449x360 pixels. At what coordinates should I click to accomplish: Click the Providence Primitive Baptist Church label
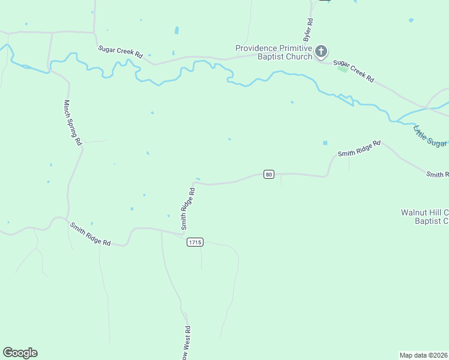pyautogui.click(x=274, y=52)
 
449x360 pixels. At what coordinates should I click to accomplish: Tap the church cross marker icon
pyautogui.click(x=321, y=52)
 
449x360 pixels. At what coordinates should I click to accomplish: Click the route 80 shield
pyautogui.click(x=268, y=175)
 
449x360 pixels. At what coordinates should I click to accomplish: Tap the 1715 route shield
pyautogui.click(x=194, y=242)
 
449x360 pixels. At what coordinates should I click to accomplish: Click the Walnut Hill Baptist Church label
pyautogui.click(x=425, y=217)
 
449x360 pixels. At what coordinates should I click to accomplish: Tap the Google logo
pyautogui.click(x=20, y=353)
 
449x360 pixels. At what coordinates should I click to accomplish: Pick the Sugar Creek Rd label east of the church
pyautogui.click(x=354, y=71)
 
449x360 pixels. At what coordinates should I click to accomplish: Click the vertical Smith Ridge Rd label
pyautogui.click(x=188, y=209)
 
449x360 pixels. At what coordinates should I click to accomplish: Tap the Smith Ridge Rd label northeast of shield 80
pyautogui.click(x=359, y=149)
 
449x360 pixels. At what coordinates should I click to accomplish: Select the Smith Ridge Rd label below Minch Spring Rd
pyautogui.click(x=90, y=234)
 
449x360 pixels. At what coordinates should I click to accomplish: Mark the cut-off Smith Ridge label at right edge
pyautogui.click(x=437, y=174)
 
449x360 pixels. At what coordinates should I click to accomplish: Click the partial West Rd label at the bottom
pyautogui.click(x=187, y=342)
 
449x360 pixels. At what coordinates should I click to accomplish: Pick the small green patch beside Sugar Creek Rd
pyautogui.click(x=342, y=69)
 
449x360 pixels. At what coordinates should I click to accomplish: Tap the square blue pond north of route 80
pyautogui.click(x=325, y=143)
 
